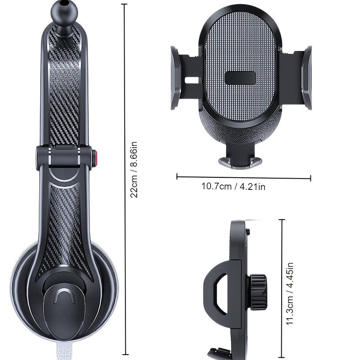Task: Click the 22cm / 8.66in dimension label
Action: tap(134, 169)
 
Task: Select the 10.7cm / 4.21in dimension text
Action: tap(233, 186)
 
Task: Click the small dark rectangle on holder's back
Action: tap(241, 78)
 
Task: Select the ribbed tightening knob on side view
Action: tap(259, 292)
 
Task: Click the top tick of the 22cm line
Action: tap(125, 4)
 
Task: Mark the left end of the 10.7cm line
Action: tap(177, 177)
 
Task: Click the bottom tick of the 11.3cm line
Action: tap(282, 355)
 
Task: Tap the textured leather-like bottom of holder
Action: tap(240, 130)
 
